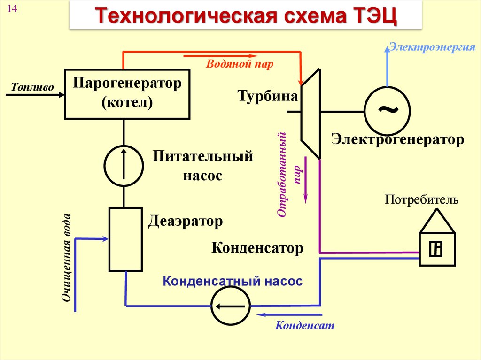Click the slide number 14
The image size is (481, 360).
(x=12, y=10)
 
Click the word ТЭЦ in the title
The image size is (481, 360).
(x=375, y=15)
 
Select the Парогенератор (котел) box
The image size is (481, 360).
(x=127, y=94)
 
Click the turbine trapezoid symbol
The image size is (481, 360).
(x=310, y=113)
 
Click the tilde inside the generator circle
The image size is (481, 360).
(x=388, y=110)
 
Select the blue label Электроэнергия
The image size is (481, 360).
(x=431, y=47)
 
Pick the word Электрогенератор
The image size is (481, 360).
(x=398, y=139)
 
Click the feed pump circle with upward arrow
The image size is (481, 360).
(x=123, y=165)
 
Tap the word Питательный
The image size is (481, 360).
(x=202, y=156)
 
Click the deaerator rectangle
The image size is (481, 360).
(x=125, y=239)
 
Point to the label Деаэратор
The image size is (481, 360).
(x=186, y=220)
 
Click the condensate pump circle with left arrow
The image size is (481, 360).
(x=230, y=306)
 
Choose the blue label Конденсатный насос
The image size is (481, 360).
(x=233, y=282)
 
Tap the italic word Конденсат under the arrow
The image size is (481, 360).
(x=305, y=325)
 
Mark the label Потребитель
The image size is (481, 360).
(x=421, y=200)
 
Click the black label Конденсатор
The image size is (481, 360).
(x=257, y=248)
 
